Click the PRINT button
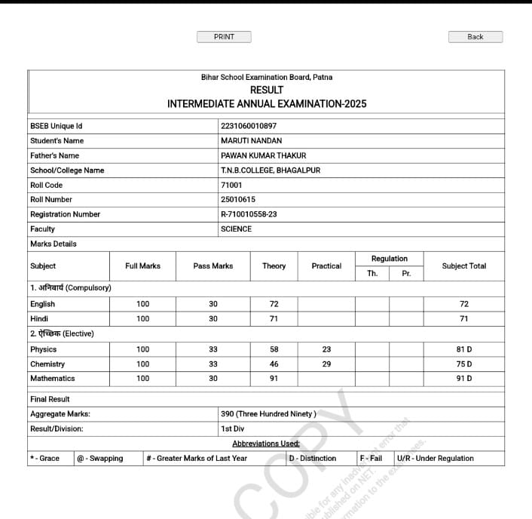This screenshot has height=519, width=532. point(224,37)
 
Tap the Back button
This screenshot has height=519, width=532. point(475,37)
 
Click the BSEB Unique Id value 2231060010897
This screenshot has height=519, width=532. point(249,126)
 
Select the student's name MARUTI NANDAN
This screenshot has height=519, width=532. point(252,141)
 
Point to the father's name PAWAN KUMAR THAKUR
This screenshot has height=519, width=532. point(264,155)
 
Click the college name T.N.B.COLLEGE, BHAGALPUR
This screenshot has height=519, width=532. point(271,170)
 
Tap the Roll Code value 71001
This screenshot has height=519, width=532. point(231,185)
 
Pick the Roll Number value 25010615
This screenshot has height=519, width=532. point(238,200)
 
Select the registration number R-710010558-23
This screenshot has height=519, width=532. point(249,214)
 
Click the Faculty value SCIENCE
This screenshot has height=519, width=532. point(237,229)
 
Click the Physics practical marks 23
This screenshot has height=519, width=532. point(326,349)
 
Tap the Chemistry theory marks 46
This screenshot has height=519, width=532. point(274,364)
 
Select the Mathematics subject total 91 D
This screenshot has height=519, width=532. point(464,379)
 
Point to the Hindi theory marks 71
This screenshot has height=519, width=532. point(274,319)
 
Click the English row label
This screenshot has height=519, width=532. point(43,304)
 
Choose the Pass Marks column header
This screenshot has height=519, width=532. point(213,266)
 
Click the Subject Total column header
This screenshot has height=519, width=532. point(464,266)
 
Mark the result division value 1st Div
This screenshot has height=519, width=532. point(232,428)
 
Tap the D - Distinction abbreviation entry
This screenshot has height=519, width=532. point(313,459)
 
